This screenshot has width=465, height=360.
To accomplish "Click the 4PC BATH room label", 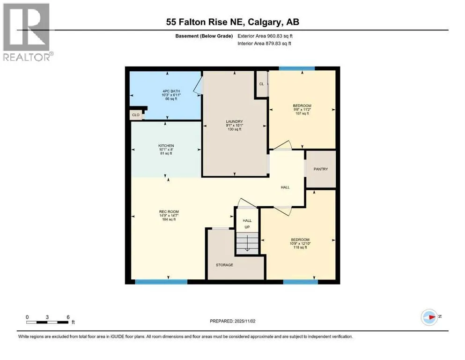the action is click(x=171, y=91).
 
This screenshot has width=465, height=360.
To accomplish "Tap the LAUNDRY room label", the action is click(x=234, y=121).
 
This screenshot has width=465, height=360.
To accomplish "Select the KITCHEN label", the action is click(x=166, y=146).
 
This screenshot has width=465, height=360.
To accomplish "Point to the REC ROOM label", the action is click(x=169, y=211).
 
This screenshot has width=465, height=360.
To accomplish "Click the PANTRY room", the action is click(x=321, y=169).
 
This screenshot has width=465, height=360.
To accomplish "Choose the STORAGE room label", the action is click(x=224, y=265).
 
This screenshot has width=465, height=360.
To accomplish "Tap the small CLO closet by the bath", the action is click(x=136, y=115).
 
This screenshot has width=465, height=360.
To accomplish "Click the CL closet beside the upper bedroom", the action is click(x=262, y=84).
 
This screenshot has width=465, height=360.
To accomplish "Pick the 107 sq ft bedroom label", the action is click(x=302, y=105).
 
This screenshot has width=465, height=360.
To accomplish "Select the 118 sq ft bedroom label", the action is click(x=300, y=240).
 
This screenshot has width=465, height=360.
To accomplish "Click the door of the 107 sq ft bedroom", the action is click(x=283, y=145).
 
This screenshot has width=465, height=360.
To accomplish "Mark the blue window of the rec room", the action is click(x=162, y=282).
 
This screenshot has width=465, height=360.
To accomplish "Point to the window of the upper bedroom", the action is click(x=297, y=68).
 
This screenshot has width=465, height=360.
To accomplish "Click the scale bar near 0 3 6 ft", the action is click(x=47, y=322).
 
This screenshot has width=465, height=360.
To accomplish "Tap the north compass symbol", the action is click(x=429, y=317).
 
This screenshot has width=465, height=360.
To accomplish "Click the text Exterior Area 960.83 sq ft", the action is click(x=265, y=36).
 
